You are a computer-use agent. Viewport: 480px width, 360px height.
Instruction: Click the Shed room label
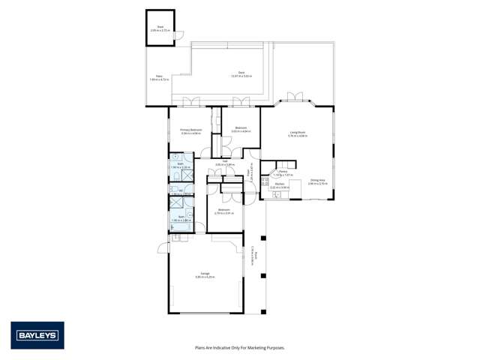click(159, 28)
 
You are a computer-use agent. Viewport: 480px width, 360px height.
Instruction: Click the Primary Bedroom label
click(190, 130)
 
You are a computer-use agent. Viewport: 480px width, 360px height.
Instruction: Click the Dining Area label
click(317, 181)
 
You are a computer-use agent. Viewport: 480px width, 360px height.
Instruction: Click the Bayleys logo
click(37, 335)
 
